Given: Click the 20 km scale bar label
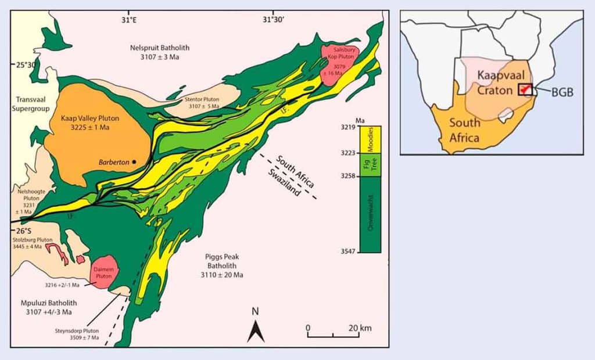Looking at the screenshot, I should [x=360, y=328].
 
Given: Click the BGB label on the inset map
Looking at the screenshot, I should [x=562, y=92].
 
